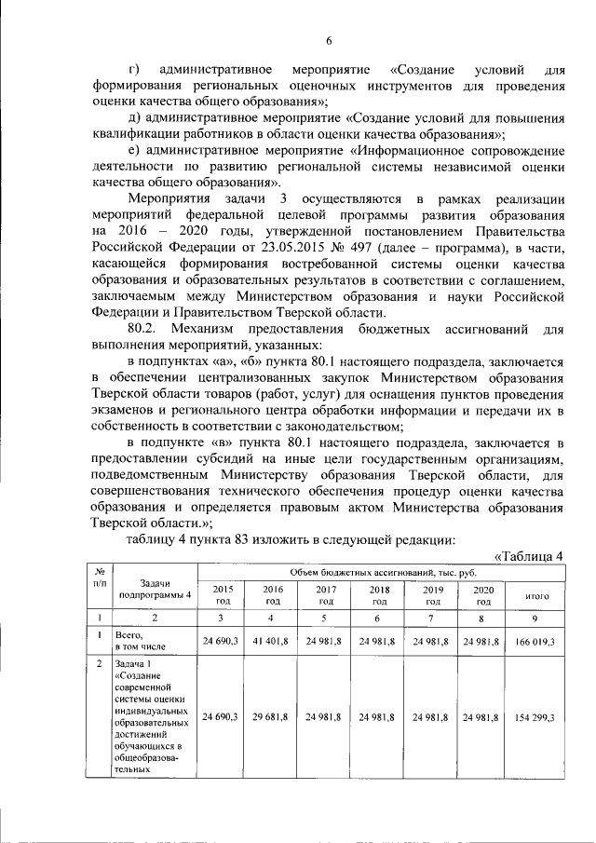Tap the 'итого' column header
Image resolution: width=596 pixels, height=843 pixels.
[536, 595]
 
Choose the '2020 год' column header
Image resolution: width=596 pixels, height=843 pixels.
[482, 595]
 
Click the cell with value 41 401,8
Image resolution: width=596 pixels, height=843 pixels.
[274, 642]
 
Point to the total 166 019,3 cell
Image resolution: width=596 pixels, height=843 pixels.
[535, 642]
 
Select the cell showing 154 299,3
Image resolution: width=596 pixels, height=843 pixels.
[535, 716]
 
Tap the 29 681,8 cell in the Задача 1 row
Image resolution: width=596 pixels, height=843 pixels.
[274, 716]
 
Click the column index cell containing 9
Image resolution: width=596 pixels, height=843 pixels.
[535, 618]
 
